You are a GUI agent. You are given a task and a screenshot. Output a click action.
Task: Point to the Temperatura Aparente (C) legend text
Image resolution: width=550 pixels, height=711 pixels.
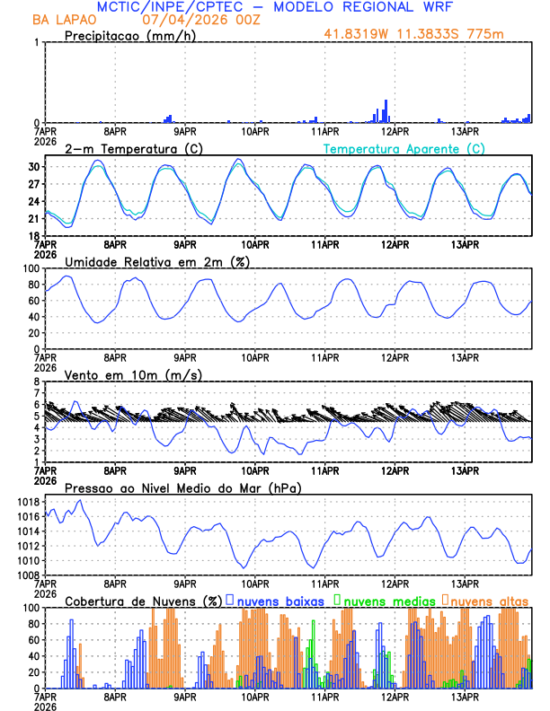404,148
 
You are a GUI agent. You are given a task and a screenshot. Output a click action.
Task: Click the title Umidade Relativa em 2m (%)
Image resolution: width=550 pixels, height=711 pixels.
157,261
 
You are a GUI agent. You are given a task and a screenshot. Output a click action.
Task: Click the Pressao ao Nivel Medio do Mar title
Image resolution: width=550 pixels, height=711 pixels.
182,487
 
